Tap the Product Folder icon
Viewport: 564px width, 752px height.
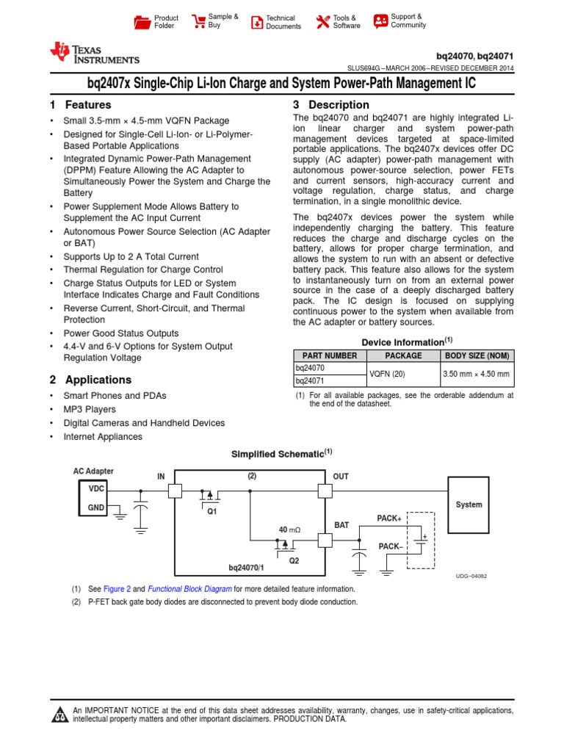pos(142,22)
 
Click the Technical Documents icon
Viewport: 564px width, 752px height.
pos(256,22)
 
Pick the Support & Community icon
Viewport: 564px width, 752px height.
pos(380,21)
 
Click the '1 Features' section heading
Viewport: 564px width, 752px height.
pos(81,105)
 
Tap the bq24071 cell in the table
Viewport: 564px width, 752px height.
pos(309,381)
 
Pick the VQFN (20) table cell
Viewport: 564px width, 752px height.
pos(403,375)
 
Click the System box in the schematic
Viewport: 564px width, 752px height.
pos(469,505)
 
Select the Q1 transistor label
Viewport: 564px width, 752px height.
pos(211,512)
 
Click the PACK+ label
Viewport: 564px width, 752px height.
pos(389,518)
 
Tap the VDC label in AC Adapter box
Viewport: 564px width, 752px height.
pos(97,488)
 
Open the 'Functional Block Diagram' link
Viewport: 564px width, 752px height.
pos(190,589)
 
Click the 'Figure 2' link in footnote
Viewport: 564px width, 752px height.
pos(117,589)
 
